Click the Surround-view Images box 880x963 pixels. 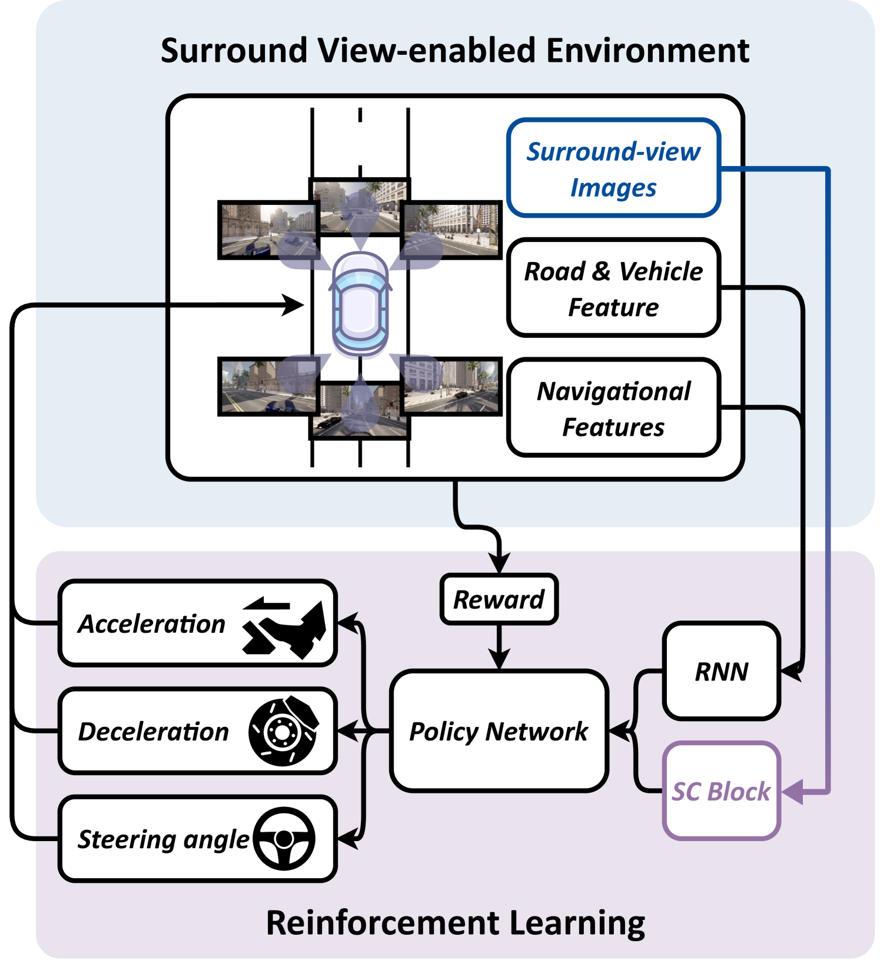[x=613, y=168]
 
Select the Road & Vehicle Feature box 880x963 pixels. [x=613, y=288]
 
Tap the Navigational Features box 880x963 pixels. [x=613, y=408]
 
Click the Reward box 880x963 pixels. [x=499, y=599]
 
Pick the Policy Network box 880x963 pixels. [x=499, y=731]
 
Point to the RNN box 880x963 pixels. [x=721, y=671]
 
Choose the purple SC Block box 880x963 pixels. [x=721, y=791]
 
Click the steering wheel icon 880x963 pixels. [x=284, y=839]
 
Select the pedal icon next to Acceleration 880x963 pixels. [x=285, y=629]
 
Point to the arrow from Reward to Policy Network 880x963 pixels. [x=499, y=647]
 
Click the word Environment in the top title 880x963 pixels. [x=647, y=51]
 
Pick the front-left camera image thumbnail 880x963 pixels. [x=268, y=230]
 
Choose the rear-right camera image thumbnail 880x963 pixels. [x=451, y=386]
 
